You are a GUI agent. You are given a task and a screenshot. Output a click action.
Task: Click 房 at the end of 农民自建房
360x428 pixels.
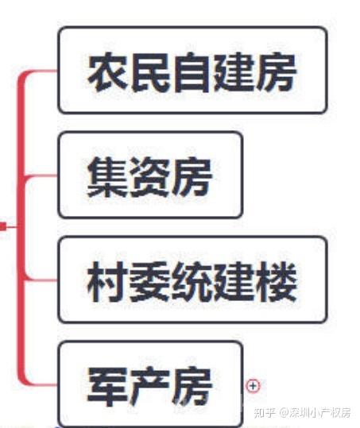(276, 72)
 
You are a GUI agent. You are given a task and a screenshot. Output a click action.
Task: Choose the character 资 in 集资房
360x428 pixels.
(149, 177)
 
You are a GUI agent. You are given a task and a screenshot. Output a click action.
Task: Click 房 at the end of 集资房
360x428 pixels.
(192, 177)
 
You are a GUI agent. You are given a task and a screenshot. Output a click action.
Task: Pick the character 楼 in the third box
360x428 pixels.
(276, 282)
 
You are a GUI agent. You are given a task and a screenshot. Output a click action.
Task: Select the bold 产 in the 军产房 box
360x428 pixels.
(149, 387)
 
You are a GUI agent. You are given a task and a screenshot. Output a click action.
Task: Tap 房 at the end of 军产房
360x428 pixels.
(192, 387)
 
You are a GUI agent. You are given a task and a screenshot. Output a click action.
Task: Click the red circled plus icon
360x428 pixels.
(254, 386)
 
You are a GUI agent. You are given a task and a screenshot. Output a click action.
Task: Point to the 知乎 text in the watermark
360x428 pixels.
(265, 413)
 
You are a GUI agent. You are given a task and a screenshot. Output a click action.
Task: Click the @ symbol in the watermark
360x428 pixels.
(284, 413)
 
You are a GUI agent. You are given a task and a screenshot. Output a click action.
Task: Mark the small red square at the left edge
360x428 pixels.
(2, 226)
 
